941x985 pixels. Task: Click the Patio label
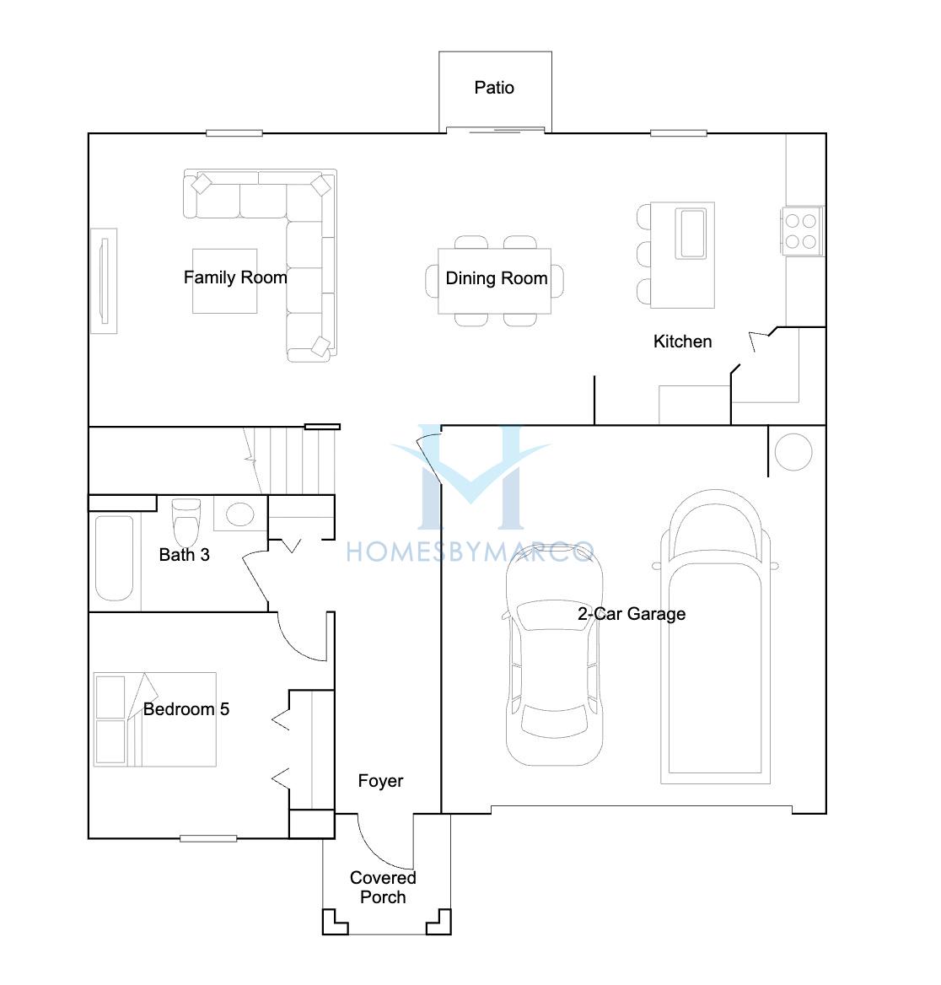coord(494,88)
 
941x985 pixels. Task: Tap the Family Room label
coord(235,277)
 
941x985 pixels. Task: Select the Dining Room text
coord(497,277)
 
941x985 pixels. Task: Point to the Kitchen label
coord(682,341)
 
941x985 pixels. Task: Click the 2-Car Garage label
coord(632,614)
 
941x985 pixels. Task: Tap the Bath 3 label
coord(184,555)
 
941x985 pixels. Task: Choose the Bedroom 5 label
coord(186,709)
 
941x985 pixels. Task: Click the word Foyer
coord(380,781)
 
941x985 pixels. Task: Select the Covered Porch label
coord(383,887)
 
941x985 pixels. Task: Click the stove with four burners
coord(802,231)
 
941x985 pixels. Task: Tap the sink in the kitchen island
coord(691,234)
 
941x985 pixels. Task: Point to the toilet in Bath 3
coord(186,522)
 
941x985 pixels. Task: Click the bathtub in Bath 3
coord(115,557)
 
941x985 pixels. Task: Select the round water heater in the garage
coord(793,452)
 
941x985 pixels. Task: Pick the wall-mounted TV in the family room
coord(105,281)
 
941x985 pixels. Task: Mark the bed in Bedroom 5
coord(154,719)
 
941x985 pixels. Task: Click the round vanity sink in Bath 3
coord(240,514)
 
